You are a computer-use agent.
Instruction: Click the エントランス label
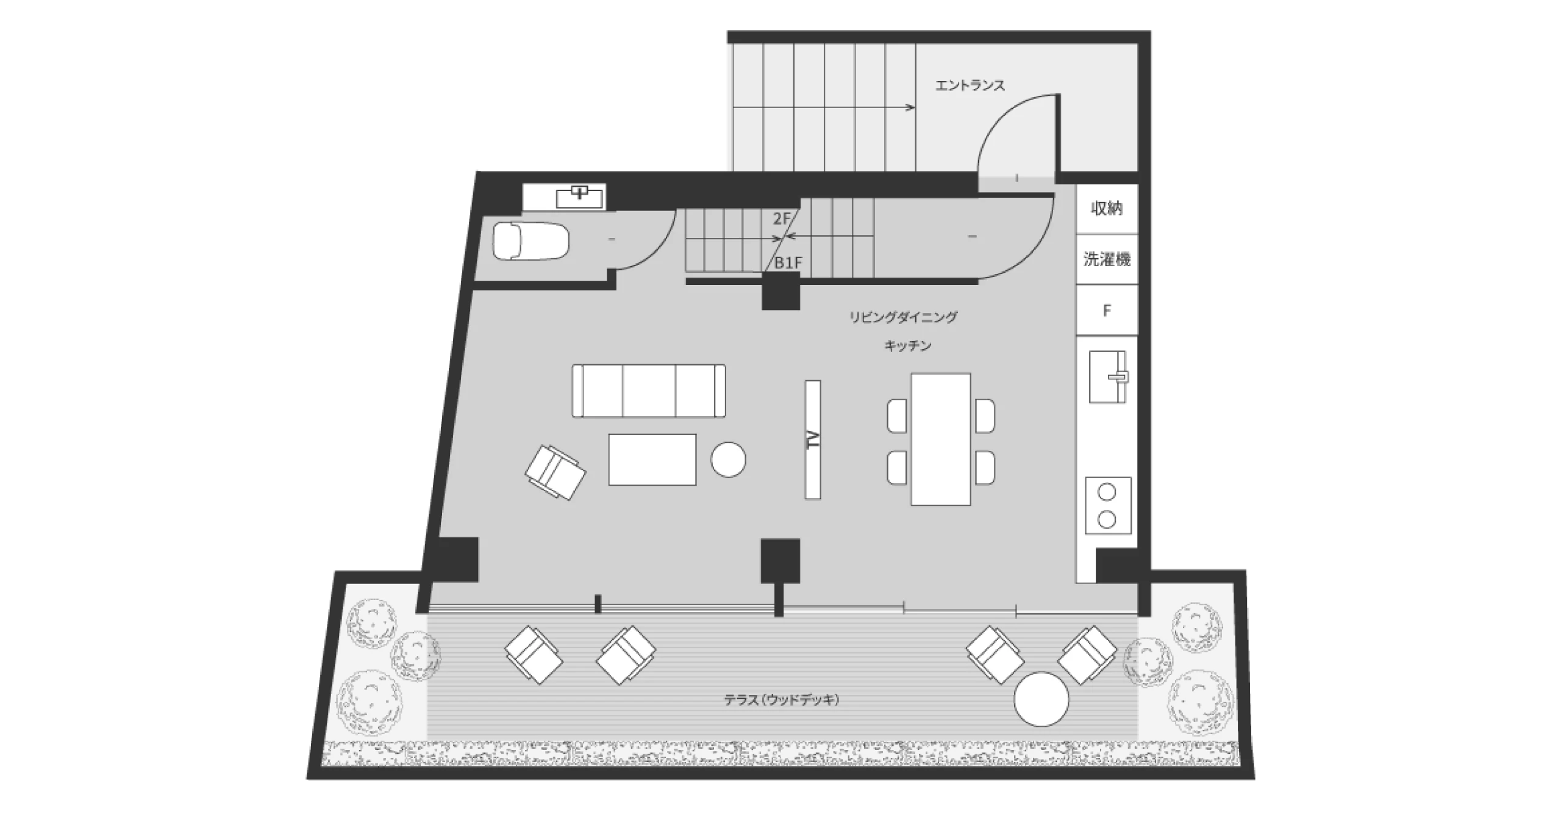click(970, 85)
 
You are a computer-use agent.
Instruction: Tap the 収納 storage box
click(1107, 209)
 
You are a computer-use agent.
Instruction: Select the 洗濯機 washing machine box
click(1107, 259)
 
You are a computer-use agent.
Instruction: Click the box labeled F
click(1107, 310)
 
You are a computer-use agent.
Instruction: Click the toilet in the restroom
click(530, 241)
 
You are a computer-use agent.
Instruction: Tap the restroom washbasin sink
click(580, 197)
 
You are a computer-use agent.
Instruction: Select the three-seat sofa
click(649, 391)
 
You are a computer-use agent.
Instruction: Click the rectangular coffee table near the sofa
click(652, 459)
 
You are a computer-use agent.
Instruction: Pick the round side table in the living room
click(728, 459)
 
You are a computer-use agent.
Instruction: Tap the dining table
click(941, 439)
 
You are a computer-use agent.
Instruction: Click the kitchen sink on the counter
click(1108, 376)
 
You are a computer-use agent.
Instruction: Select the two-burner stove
click(1108, 505)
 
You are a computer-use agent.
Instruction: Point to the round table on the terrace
click(1041, 699)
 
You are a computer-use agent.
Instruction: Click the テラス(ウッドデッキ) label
click(782, 700)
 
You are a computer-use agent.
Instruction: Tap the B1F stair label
click(788, 263)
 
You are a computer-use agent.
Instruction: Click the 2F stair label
click(781, 218)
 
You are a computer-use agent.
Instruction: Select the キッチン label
click(908, 346)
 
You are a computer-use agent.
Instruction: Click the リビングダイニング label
click(904, 317)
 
